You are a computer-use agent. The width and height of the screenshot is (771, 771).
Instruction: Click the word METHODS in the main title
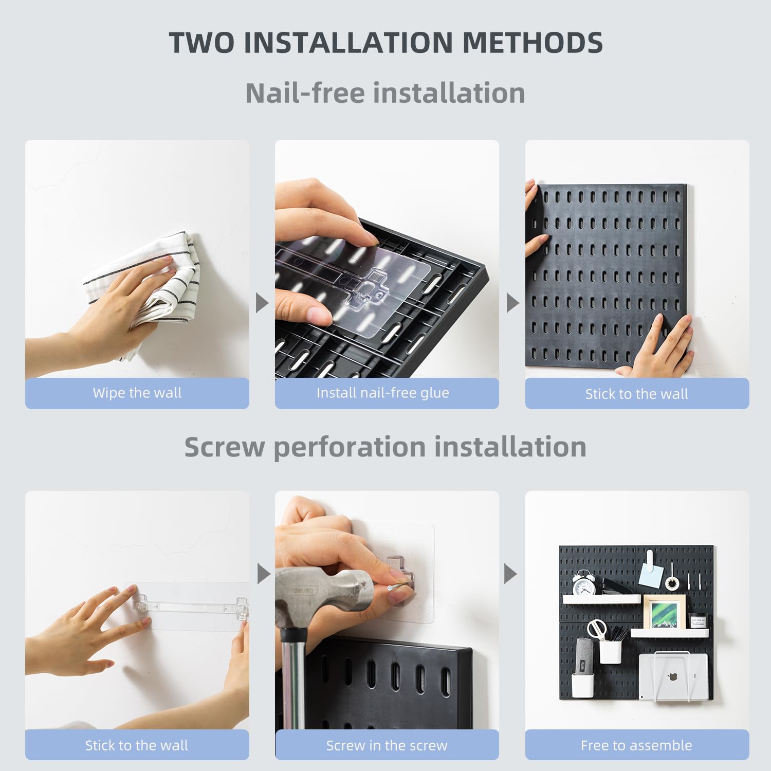pyautogui.click(x=533, y=42)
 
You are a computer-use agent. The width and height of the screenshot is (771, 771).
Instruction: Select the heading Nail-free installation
pyautogui.click(x=385, y=93)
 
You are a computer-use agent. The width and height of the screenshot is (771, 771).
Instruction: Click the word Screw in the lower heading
pyautogui.click(x=224, y=447)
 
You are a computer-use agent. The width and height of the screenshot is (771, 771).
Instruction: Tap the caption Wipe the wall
pyautogui.click(x=137, y=393)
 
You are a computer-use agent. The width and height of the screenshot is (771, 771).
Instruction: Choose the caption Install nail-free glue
pyautogui.click(x=382, y=393)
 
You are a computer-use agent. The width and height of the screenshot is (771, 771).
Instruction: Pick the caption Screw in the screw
pyautogui.click(x=387, y=745)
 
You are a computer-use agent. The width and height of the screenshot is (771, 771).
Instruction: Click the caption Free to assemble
pyautogui.click(x=636, y=745)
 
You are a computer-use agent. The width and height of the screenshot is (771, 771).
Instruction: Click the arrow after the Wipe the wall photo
pyautogui.click(x=262, y=303)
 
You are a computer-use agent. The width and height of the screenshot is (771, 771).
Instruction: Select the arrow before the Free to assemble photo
pyautogui.click(x=510, y=574)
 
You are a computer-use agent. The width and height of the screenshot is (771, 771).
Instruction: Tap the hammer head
pyautogui.click(x=329, y=596)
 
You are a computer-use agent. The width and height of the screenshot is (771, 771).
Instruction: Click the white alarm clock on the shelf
pyautogui.click(x=584, y=583)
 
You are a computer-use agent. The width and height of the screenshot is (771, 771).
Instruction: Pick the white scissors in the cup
pyautogui.click(x=597, y=630)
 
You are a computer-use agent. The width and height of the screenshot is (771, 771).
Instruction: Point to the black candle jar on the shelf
pyautogui.click(x=697, y=621)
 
